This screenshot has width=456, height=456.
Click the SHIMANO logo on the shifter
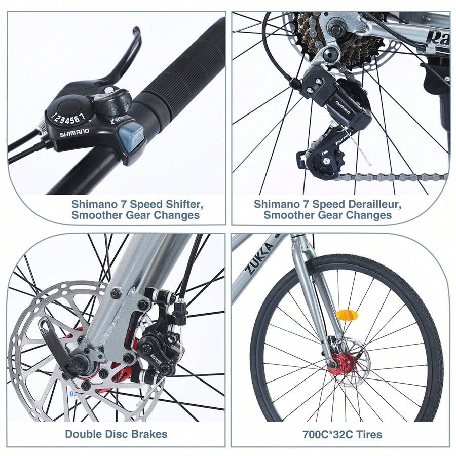74,133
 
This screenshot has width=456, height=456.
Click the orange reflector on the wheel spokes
347,315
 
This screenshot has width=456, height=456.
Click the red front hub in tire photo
340,363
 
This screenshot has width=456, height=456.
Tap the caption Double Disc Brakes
116,434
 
